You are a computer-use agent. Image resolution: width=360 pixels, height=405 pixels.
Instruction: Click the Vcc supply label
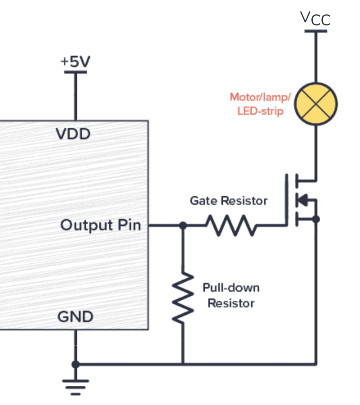coord(315,18)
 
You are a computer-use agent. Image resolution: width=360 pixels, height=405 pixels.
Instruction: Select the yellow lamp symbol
coord(316,104)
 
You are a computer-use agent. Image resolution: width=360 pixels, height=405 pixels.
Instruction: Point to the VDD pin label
coord(73,134)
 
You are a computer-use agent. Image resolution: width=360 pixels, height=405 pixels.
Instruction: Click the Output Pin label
coord(100,225)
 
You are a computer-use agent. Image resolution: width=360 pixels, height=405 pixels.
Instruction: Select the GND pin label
coord(75,317)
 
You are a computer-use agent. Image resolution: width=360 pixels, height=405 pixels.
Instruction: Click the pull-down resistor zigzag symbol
coord(183,297)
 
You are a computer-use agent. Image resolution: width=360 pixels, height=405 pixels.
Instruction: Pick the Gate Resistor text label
coord(229,201)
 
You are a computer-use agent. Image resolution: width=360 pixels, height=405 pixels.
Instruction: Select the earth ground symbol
coord(75,386)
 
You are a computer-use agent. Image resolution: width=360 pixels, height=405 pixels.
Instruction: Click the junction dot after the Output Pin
coord(183,225)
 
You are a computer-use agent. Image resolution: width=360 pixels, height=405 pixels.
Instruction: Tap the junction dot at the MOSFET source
coord(316,219)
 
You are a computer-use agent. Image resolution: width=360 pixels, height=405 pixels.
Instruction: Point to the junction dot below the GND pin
coord(75,364)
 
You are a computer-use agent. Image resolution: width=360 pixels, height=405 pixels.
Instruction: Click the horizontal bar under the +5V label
coord(75,72)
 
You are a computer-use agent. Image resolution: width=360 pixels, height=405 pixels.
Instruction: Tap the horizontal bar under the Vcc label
coord(316,30)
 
